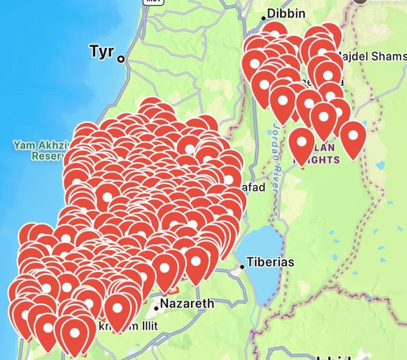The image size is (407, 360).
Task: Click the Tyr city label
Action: [101, 51]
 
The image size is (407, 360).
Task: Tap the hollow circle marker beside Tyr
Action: [121, 59]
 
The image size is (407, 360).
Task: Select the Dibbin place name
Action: [286, 14]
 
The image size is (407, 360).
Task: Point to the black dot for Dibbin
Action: [263, 19]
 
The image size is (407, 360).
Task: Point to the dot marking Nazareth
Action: [156, 308]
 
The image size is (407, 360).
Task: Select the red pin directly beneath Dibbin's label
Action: [274, 33]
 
